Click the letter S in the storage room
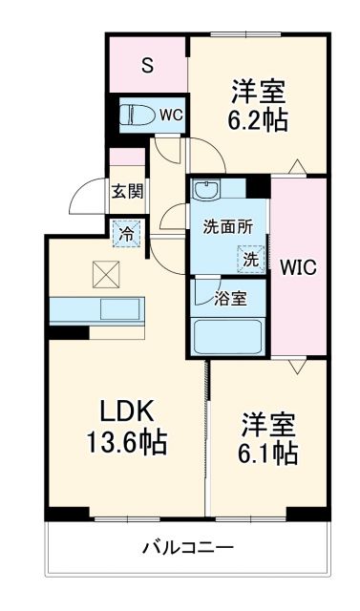(147, 65)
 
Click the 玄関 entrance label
(127, 191)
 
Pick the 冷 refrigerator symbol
(126, 232)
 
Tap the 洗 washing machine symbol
(249, 258)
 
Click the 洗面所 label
(227, 227)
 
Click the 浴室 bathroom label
(230, 298)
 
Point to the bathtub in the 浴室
(229, 337)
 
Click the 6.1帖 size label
(266, 450)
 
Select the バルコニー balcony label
(187, 548)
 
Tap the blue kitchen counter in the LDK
(95, 309)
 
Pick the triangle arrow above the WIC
(299, 168)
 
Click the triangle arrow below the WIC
(299, 368)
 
